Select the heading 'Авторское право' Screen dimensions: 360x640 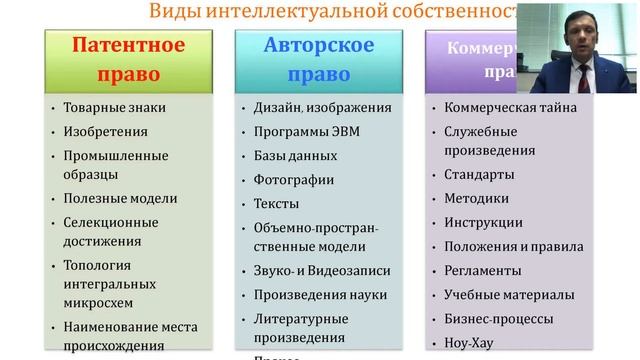(x=319, y=60)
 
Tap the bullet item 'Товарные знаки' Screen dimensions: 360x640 (x=115, y=107)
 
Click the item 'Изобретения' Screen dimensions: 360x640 (x=105, y=131)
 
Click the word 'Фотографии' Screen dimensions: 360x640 (x=294, y=180)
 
